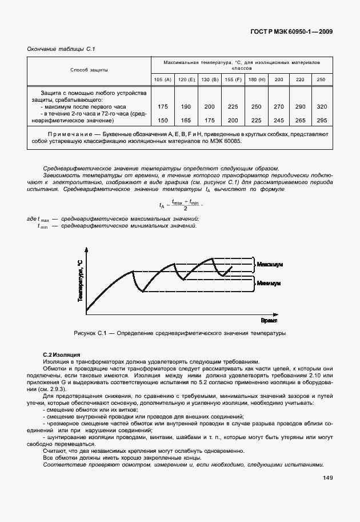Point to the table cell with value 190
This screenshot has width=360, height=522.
[186, 107]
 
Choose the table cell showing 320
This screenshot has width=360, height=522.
[322, 107]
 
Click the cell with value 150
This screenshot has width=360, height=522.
[162, 120]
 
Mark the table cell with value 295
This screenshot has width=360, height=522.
[322, 120]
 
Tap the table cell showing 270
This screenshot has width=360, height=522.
[278, 107]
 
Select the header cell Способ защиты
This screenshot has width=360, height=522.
[89, 70]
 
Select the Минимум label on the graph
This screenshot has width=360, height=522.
[269, 282]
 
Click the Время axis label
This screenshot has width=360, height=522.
[269, 321]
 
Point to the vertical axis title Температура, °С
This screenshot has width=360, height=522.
[80, 280]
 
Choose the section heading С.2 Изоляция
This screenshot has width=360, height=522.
[62, 355]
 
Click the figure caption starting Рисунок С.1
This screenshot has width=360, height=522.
[179, 333]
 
